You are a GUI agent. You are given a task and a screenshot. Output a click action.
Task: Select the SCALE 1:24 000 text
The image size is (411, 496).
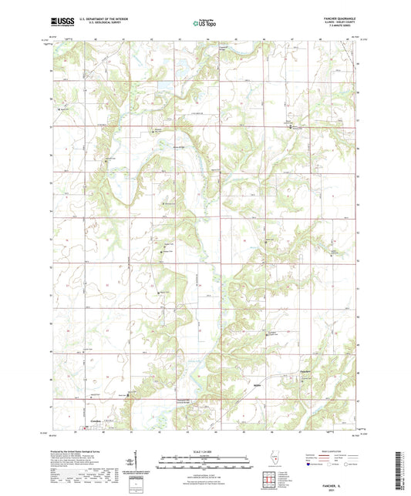click(204, 451)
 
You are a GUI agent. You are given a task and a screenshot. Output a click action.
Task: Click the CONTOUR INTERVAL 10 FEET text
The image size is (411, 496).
click(204, 471)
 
